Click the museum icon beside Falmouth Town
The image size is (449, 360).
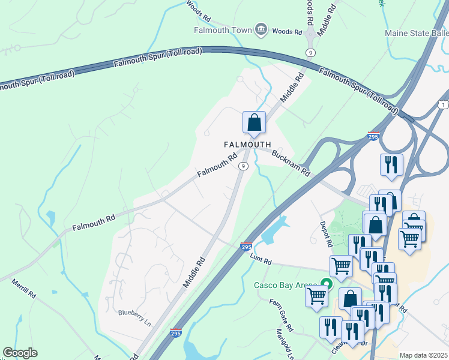(261, 29)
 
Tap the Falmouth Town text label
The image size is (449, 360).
(223, 30)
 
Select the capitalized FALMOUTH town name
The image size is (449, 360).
(247, 145)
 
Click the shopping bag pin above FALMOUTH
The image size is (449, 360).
(255, 122)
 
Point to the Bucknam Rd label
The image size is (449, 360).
(291, 163)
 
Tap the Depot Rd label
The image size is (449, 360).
(326, 233)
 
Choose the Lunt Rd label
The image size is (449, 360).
(261, 259)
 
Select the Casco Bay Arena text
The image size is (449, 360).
(285, 285)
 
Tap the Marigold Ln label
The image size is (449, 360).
(284, 344)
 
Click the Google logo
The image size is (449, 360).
(20, 353)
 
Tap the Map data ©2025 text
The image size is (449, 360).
(423, 355)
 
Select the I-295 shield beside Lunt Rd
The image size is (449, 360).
(246, 246)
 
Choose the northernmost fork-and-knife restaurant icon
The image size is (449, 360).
(391, 164)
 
